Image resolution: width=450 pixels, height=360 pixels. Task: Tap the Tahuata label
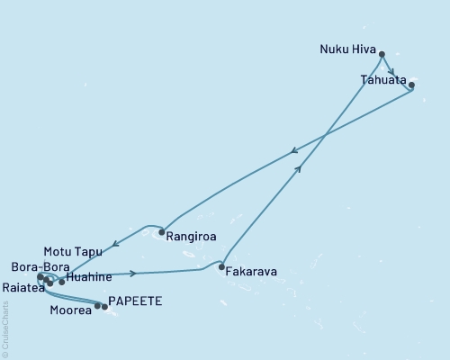click(x=382, y=79)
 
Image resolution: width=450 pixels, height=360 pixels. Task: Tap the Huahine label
click(x=89, y=278)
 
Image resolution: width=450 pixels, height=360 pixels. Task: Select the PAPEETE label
click(x=135, y=301)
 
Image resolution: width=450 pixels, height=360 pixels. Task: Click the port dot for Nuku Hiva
click(x=382, y=54)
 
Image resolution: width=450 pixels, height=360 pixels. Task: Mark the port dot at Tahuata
click(x=411, y=85)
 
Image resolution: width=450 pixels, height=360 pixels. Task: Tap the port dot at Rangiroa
click(x=161, y=232)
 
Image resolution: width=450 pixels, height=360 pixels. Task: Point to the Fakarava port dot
click(x=221, y=266)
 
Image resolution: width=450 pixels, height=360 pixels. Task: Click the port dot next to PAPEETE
click(x=105, y=307)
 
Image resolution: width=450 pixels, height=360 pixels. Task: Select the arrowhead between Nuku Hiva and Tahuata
click(x=391, y=72)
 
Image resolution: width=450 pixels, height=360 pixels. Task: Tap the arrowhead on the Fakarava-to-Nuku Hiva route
click(x=299, y=167)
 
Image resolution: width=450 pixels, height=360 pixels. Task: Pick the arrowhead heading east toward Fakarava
click(x=133, y=273)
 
